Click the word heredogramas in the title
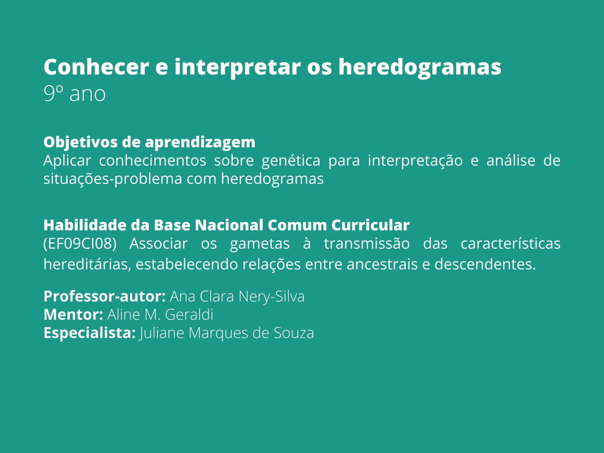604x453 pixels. (419, 67)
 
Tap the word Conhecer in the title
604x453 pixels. (96, 67)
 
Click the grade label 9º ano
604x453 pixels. (74, 94)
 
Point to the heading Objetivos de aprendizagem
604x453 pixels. (149, 142)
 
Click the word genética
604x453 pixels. (291, 160)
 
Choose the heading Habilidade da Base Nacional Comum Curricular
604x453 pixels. (226, 225)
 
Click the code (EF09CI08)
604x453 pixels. (80, 243)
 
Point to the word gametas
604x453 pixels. (260, 243)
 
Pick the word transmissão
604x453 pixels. (367, 243)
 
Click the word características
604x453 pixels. (510, 243)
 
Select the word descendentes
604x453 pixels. (485, 264)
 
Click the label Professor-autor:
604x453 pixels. (105, 296)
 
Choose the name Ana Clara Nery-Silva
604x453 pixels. (237, 296)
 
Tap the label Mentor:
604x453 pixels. (73, 314)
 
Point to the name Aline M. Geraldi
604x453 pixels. (160, 314)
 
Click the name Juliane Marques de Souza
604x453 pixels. (226, 333)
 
